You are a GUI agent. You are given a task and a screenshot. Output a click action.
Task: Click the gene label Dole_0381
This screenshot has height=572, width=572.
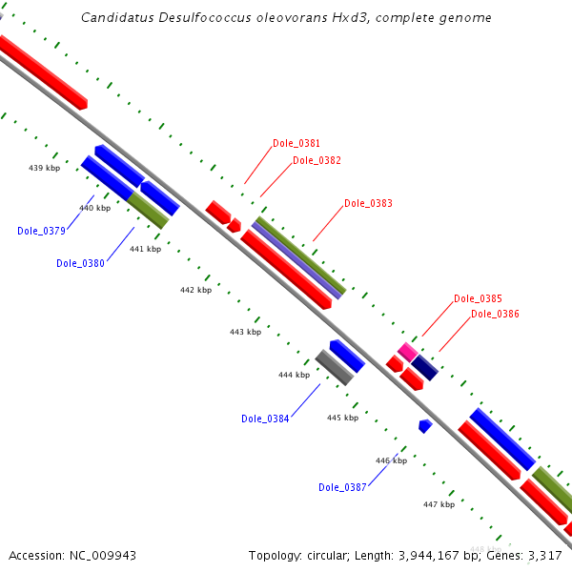coord(296,143)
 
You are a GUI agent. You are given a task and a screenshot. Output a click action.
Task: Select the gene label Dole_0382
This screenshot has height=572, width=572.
coord(317,160)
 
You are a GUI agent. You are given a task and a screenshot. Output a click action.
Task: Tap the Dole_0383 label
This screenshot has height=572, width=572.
coord(368,203)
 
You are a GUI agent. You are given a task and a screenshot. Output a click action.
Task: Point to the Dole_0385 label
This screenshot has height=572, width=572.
coord(478,298)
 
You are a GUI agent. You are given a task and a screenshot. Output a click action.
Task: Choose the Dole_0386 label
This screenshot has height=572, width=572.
coord(495,314)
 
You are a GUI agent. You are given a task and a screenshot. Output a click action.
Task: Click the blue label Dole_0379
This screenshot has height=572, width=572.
coord(41,231)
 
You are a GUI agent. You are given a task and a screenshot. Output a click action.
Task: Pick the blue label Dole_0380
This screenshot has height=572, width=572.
coord(80,263)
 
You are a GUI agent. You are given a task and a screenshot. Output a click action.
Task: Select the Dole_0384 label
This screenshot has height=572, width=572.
coord(265,419)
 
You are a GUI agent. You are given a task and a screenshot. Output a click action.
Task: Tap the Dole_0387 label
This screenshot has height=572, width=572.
coord(342,487)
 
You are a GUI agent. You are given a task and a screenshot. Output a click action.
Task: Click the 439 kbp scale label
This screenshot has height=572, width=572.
coord(44,168)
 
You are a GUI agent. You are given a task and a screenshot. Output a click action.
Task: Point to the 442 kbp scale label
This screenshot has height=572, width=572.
coord(195,290)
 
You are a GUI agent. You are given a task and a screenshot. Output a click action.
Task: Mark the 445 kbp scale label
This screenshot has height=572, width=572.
coord(342,418)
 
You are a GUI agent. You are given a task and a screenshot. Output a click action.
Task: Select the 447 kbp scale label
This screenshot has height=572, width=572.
coord(439,504)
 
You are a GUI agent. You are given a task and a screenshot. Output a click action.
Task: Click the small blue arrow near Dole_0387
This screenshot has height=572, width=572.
coord(425,425)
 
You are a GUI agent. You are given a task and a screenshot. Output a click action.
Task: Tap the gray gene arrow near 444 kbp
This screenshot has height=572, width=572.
coord(335,367)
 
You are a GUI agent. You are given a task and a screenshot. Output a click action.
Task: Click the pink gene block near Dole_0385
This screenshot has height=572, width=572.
coord(408,351)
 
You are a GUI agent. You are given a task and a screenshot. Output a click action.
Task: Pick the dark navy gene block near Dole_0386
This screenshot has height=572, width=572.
coord(424,368)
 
